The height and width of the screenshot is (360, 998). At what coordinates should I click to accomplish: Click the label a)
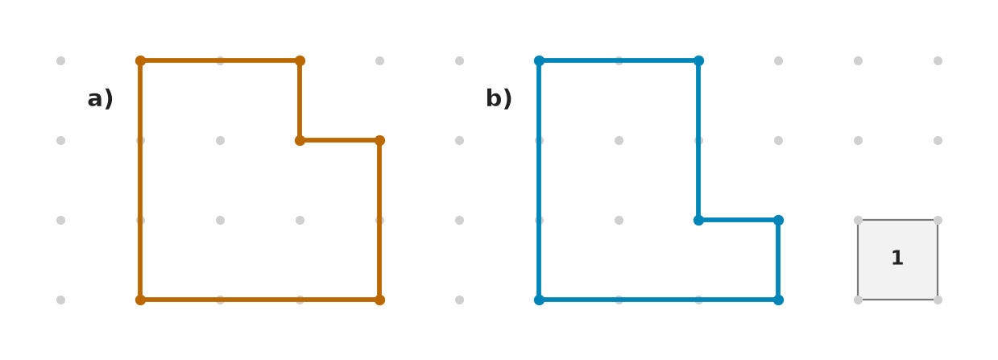tap(100, 99)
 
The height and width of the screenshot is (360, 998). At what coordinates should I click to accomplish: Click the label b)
tap(499, 98)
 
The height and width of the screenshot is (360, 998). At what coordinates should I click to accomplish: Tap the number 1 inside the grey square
tap(897, 258)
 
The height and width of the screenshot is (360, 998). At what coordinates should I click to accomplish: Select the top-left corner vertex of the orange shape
tap(140, 60)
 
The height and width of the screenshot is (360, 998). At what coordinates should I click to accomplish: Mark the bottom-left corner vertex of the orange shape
tap(140, 300)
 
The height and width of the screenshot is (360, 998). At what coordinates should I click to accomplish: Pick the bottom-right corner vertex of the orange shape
tap(379, 300)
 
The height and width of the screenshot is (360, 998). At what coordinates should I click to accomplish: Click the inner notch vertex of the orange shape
tap(300, 140)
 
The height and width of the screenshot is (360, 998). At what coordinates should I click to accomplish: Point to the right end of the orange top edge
tap(300, 60)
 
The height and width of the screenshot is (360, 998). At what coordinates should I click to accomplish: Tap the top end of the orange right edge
tap(379, 140)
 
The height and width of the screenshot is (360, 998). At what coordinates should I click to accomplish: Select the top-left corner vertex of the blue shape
tap(539, 60)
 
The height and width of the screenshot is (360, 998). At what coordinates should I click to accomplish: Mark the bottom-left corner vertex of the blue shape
tap(539, 300)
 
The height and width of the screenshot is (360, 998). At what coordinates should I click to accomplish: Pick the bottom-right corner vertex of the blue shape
tap(778, 300)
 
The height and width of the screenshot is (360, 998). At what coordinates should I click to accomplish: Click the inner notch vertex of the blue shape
tap(698, 220)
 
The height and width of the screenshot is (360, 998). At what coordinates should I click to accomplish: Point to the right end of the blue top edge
tap(698, 60)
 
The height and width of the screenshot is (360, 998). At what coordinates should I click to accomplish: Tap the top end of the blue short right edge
tap(778, 220)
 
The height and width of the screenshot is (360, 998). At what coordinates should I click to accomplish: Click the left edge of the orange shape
tap(140, 180)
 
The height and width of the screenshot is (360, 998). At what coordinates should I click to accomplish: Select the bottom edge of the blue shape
tap(659, 300)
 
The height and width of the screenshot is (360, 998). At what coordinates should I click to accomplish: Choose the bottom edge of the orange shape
tap(259, 300)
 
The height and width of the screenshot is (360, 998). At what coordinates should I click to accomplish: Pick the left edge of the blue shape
tap(539, 180)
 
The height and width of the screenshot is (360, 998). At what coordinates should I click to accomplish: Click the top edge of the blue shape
tap(619, 60)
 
